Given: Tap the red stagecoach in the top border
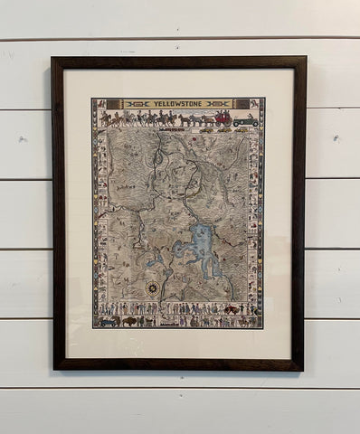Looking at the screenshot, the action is click(x=222, y=118).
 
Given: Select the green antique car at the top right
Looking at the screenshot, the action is click(x=246, y=119).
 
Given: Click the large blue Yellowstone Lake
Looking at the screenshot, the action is click(x=206, y=253).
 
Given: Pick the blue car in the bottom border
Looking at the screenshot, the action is click(x=108, y=319).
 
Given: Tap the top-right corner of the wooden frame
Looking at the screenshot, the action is click(x=306, y=58).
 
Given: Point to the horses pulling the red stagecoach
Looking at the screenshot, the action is click(x=193, y=118).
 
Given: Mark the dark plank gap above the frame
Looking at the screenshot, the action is click(x=180, y=38).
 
